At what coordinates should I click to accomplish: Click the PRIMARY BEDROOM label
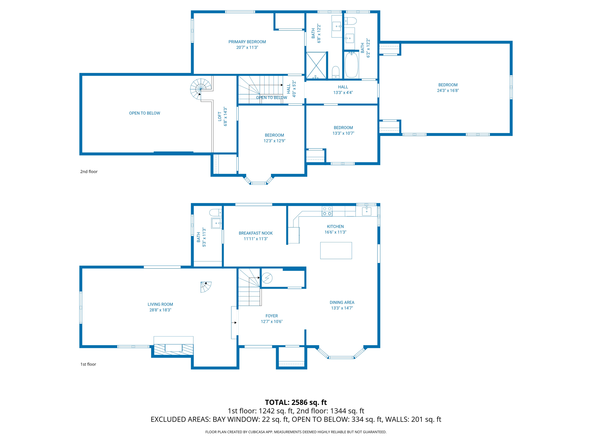[247, 42]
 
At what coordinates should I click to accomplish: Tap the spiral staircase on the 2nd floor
[200, 89]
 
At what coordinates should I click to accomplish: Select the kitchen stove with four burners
[327, 211]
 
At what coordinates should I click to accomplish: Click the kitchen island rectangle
[336, 250]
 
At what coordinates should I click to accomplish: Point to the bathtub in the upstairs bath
[351, 65]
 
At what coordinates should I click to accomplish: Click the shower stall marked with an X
[316, 65]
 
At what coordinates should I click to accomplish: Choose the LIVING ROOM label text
[160, 304]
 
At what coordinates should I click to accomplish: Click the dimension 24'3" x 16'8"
[448, 90]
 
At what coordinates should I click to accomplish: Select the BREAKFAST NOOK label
[256, 233]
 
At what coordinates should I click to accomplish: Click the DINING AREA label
[342, 302]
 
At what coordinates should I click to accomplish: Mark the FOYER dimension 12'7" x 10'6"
[271, 321]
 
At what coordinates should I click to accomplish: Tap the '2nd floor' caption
[89, 172]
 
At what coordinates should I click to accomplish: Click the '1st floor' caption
[88, 364]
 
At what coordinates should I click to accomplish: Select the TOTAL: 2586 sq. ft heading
[296, 402]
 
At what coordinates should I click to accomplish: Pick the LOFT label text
[220, 116]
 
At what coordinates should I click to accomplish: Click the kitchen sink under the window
[367, 211]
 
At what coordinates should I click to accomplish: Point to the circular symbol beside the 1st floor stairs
[267, 278]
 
